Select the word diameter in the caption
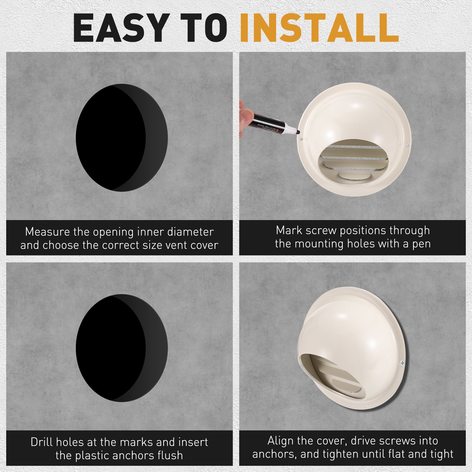190,232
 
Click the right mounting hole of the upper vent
406,146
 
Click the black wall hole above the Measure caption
122,137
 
